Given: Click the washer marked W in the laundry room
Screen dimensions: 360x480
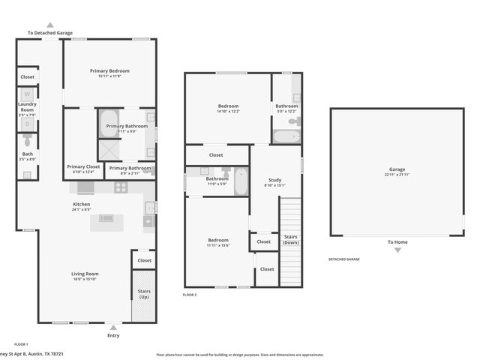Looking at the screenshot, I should click(27, 94).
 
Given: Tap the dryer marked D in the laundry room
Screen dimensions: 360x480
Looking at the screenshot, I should click(27, 124).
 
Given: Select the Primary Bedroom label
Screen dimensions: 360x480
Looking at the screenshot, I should click(109, 71).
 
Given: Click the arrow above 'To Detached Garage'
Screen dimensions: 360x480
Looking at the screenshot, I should click(50, 25).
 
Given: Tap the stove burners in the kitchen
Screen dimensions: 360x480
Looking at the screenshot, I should click(121, 188).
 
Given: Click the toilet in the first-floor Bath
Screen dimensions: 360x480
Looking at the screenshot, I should click(27, 140).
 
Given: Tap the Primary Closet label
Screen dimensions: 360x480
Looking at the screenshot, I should click(83, 166).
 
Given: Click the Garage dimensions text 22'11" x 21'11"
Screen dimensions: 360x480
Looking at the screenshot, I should click(397, 175).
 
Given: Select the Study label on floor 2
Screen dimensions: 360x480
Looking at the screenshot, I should click(274, 180).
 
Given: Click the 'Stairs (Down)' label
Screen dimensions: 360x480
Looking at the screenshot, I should click(290, 239).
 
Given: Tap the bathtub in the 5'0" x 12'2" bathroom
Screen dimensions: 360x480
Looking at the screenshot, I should click(286, 136).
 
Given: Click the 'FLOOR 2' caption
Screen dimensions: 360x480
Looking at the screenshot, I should click(190, 295).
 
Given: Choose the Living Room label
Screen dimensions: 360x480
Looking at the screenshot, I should click(85, 274).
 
